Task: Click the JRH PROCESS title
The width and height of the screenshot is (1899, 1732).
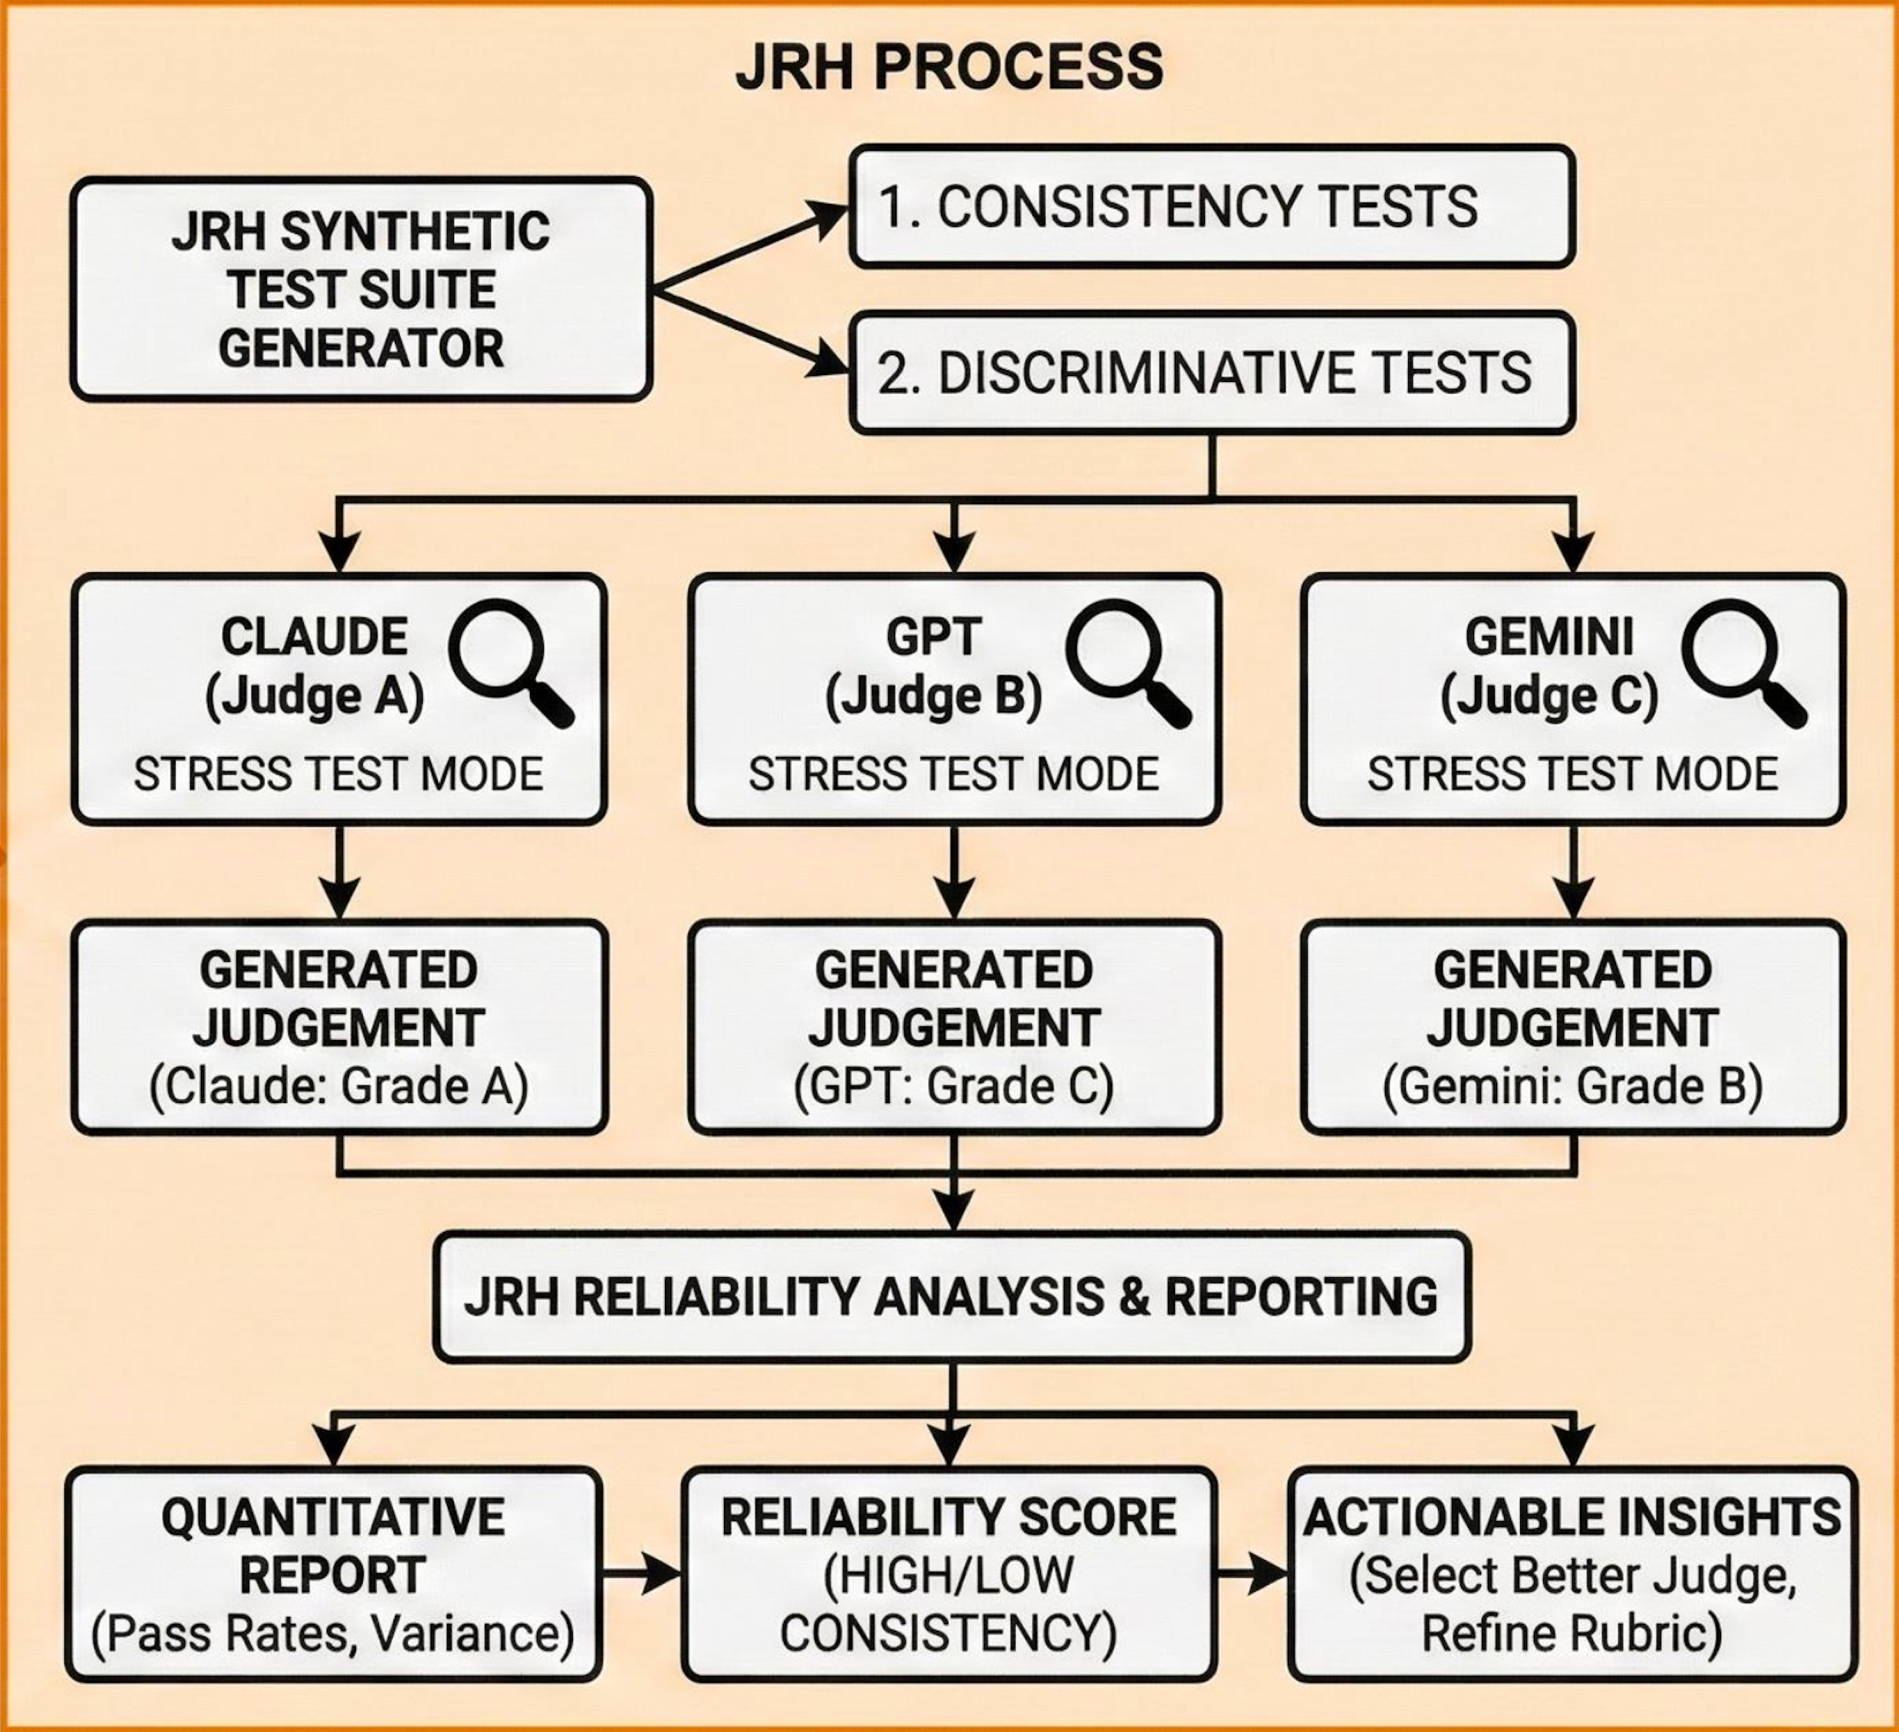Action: click(x=949, y=67)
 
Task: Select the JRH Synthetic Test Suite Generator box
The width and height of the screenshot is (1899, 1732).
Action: click(x=362, y=289)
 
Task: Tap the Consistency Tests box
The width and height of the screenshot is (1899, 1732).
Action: click(x=1211, y=206)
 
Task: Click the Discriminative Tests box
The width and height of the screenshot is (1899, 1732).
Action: click(x=1211, y=372)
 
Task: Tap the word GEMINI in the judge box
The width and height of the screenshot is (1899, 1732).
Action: click(x=1548, y=637)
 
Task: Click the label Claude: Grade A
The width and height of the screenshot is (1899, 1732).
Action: click(x=338, y=1086)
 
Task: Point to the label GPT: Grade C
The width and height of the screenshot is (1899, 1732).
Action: click(x=953, y=1086)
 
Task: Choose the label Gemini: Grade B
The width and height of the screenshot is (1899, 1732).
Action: click(x=1572, y=1086)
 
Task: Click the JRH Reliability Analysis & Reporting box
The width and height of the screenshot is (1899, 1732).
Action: click(x=951, y=1297)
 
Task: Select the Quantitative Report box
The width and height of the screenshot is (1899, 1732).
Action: click(x=334, y=1574)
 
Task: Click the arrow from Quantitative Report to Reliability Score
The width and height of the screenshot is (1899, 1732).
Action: click(x=640, y=1574)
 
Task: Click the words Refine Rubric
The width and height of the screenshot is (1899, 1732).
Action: click(x=1572, y=1634)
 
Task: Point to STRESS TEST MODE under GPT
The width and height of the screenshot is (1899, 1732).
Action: click(x=953, y=774)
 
